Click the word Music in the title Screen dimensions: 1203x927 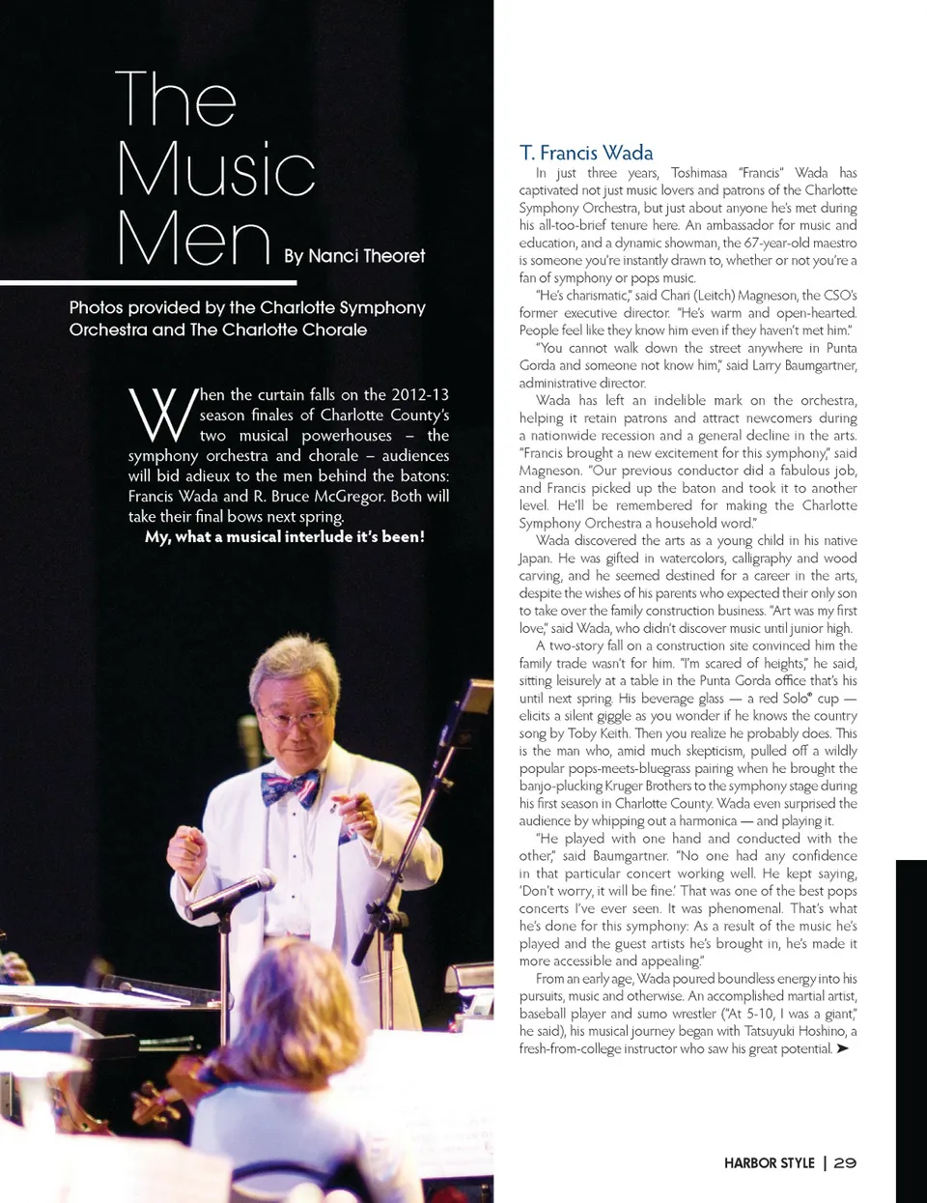216,169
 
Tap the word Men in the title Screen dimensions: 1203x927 193,239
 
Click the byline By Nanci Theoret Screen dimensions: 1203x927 354,256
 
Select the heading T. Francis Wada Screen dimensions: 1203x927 586,153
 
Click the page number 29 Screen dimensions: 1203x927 845,1162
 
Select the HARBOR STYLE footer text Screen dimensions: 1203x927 769,1162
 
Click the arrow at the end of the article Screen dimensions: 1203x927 843,1048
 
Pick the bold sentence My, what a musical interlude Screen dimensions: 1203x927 285,536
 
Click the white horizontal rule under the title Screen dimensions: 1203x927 161,282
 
